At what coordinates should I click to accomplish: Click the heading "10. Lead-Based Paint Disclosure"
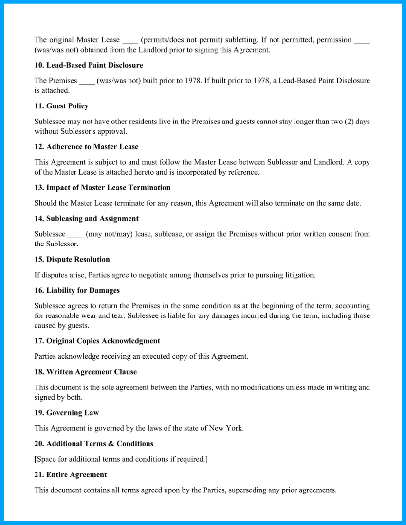(89, 65)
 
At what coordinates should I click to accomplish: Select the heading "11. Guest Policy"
(61, 106)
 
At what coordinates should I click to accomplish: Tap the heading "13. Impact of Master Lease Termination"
(102, 188)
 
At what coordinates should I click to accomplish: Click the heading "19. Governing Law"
(67, 413)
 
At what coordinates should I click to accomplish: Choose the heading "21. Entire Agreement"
(71, 474)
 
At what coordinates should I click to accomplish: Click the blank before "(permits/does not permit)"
(130, 41)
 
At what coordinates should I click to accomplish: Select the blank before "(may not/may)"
(75, 235)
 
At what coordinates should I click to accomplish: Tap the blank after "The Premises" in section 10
(87, 81)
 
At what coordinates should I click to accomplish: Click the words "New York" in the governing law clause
(226, 428)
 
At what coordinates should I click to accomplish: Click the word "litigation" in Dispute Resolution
(298, 275)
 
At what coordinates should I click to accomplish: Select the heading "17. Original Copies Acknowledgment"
(97, 341)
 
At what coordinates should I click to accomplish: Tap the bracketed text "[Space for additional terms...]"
(121, 459)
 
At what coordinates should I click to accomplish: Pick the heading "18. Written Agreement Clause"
(86, 372)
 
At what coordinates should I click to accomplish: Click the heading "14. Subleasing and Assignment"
(87, 219)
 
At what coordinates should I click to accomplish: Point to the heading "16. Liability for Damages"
(77, 290)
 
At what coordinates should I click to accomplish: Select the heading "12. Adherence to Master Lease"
(86, 147)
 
